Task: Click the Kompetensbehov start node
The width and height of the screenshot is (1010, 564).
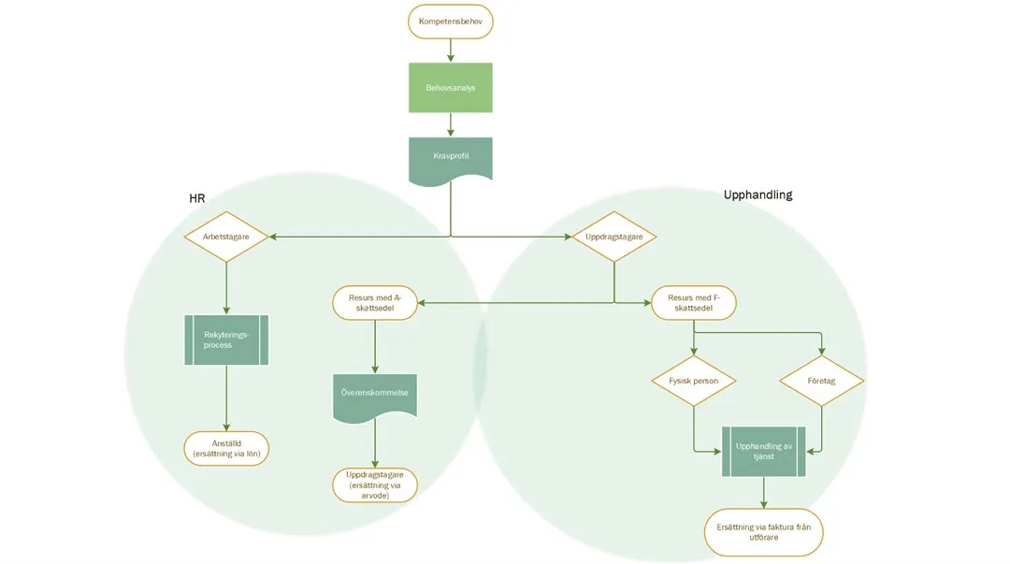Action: coord(450,22)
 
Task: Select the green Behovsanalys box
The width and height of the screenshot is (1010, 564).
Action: coord(450,88)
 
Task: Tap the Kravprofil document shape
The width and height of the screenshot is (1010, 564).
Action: coord(450,157)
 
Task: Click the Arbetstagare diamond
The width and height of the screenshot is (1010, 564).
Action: coord(225,237)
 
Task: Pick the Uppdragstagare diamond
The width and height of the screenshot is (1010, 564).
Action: coord(613,237)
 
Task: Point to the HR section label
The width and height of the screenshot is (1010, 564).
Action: coord(196,199)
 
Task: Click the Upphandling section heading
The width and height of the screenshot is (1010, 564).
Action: coord(757,195)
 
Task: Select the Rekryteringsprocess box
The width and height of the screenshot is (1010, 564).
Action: coord(225,340)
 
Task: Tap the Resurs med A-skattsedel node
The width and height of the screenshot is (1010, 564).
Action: coord(375,302)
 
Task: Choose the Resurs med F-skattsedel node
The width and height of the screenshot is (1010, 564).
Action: coord(693,302)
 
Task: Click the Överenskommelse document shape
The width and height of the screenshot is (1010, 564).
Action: coord(375,395)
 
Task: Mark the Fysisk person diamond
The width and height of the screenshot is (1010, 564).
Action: coord(693,381)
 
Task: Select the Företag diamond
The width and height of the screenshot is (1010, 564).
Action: coord(821,381)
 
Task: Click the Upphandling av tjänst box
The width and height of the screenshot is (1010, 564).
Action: coord(764,451)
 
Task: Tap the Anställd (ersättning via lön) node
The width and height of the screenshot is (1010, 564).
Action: coord(225,448)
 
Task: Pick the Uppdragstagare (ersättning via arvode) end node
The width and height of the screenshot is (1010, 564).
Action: coord(375,485)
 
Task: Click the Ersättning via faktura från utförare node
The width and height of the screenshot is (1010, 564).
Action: coord(764,532)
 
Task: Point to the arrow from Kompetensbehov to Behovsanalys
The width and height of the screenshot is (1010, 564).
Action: coord(450,51)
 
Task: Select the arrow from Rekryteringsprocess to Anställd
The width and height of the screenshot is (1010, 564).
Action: coord(225,398)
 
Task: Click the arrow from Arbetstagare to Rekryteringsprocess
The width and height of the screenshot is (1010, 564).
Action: coord(225,286)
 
